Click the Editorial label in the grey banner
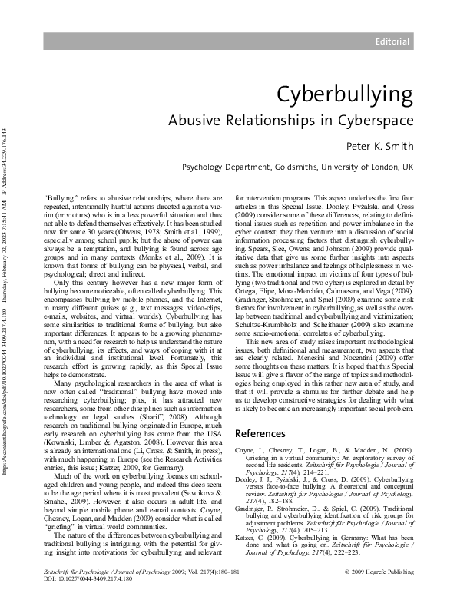(392, 40)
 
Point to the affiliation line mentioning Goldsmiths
(296, 167)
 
